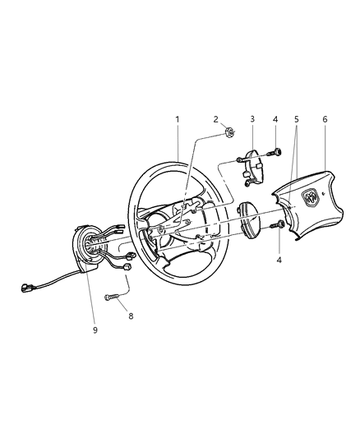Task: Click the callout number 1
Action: pos(176,119)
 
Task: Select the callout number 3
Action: pos(252,119)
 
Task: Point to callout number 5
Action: pos(297,119)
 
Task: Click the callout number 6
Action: pos(325,119)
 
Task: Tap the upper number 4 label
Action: pos(275,119)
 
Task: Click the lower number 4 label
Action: pos(279,259)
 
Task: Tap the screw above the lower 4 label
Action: pos(280,224)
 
